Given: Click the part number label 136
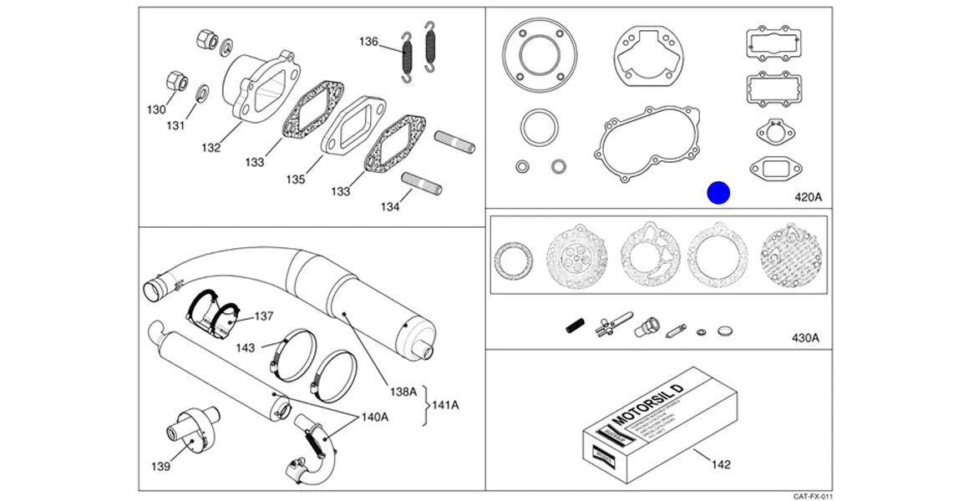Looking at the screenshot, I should coord(368,42).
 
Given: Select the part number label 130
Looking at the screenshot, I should coord(156,109).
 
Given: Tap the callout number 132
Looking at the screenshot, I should coord(211,148).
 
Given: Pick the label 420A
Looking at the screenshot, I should coord(808,197).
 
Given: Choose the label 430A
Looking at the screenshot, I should coord(805,338).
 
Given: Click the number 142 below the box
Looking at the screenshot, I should coord(719,463).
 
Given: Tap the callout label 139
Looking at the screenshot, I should coord(160,466).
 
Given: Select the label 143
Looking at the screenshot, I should coord(246,347).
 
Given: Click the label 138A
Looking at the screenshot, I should coord(402,391).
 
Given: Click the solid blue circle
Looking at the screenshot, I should coord(718,194).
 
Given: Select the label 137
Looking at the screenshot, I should coord(264,316).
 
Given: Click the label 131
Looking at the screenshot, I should coord(175,126).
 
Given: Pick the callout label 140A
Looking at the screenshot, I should coord(374,417).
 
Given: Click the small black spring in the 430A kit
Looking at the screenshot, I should coord(574,326).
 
